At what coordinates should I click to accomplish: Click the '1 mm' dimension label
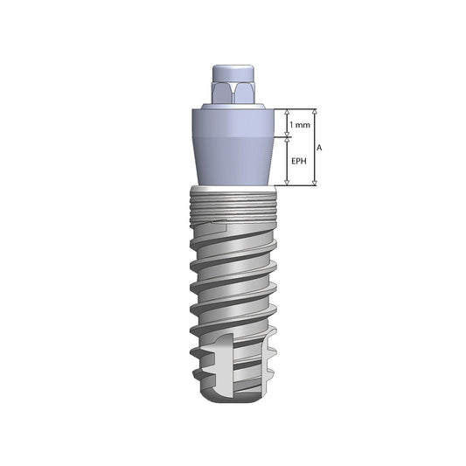[300, 125]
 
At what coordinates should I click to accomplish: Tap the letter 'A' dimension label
[321, 149]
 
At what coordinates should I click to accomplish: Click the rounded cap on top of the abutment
[233, 73]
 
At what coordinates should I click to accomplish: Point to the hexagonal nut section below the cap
[233, 92]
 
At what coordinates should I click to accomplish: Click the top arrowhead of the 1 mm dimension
[289, 114]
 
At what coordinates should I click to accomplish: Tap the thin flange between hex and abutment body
[233, 106]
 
